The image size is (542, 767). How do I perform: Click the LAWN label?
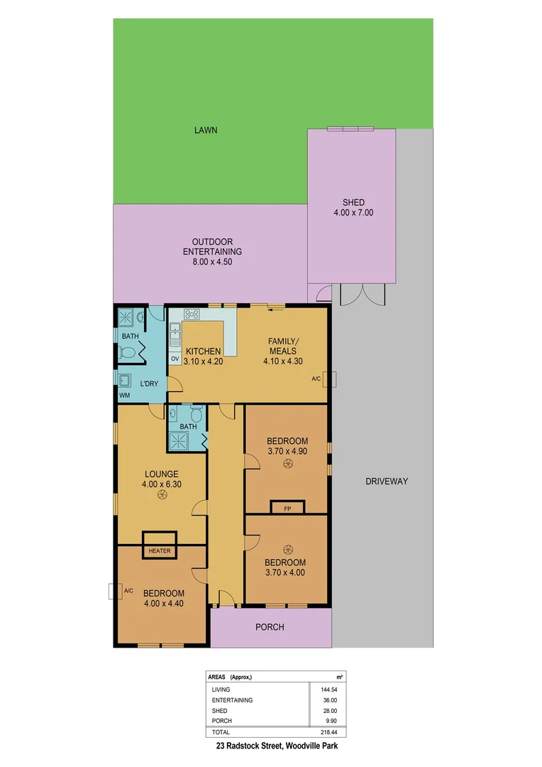[206, 131]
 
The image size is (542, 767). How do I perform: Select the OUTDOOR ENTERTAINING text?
[212, 251]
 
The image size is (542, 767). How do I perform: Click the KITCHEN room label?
[203, 351]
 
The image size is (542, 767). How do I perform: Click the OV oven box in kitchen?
[175, 359]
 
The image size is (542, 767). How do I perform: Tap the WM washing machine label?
[125, 395]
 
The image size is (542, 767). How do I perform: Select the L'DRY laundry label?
[149, 384]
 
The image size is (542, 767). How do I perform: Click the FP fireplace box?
[287, 508]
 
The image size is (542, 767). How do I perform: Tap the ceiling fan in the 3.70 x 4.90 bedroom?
[287, 464]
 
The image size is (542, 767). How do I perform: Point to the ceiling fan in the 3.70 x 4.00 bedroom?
[287, 548]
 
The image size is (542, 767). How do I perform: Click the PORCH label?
[270, 627]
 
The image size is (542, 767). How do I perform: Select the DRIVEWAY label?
[387, 482]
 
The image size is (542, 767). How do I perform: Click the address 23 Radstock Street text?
[282, 747]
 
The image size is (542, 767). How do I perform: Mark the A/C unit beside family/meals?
[331, 379]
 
